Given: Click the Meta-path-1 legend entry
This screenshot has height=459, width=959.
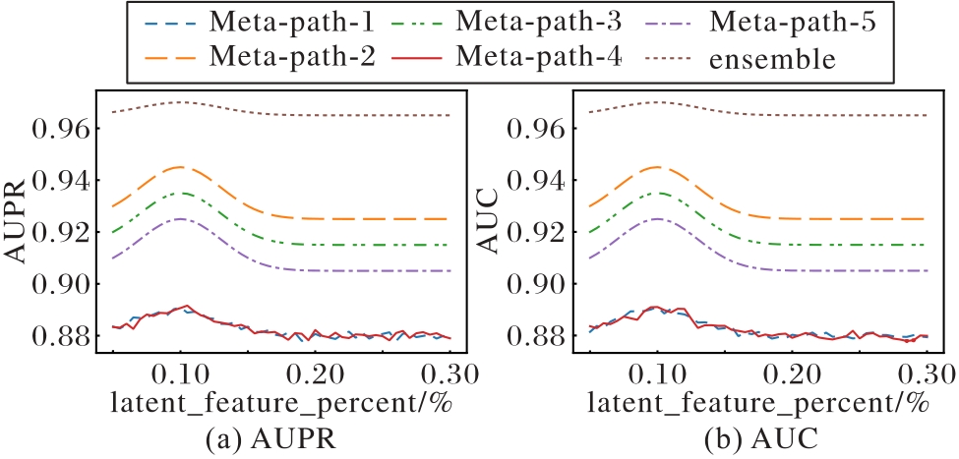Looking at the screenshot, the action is coord(260,24).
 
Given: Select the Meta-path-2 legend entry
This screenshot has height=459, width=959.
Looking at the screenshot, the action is coord(260,58).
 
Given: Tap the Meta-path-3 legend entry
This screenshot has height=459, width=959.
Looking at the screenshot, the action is coord(508,24).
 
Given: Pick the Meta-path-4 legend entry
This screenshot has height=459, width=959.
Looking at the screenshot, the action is coord(508,58).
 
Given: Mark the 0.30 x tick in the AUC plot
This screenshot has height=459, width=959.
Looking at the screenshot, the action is coord(928,371).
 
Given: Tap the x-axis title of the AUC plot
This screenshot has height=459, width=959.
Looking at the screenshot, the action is coord(756,403).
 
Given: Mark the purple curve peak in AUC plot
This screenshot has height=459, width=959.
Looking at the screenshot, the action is coord(657,219).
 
